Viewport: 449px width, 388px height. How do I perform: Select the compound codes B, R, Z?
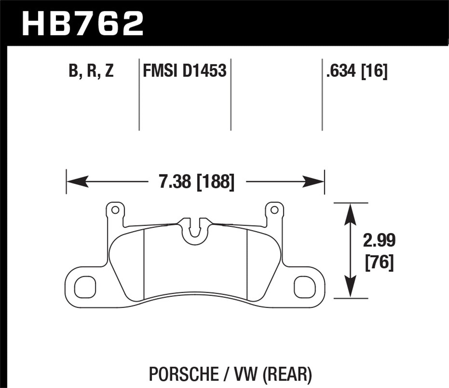click(91, 71)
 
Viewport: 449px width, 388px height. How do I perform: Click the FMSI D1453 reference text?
click(184, 71)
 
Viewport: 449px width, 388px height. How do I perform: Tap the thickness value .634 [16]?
click(357, 71)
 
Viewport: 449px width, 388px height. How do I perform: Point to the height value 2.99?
click(379, 240)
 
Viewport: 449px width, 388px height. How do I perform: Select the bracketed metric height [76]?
click(379, 263)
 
